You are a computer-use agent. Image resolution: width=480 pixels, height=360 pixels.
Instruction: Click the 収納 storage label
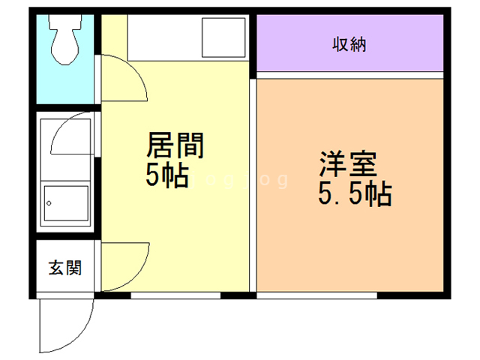click(x=349, y=44)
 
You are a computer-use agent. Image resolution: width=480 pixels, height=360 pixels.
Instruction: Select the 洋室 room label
click(x=348, y=163)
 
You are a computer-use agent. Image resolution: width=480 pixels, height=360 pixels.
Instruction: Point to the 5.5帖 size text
click(x=355, y=195)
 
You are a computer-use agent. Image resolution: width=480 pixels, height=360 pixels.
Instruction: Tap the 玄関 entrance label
click(x=65, y=267)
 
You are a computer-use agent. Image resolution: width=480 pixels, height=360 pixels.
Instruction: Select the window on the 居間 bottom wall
click(x=175, y=295)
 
